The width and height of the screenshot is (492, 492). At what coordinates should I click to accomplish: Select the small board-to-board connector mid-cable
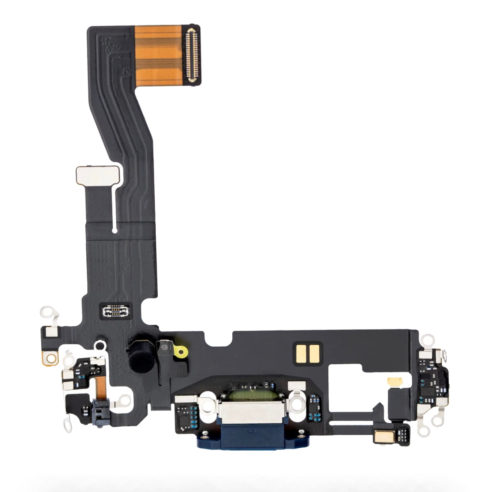[x=116, y=310]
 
